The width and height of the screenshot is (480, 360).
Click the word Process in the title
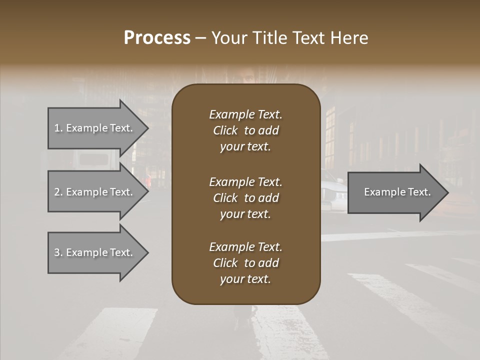(x=157, y=38)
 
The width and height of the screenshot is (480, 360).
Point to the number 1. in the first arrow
(x=58, y=128)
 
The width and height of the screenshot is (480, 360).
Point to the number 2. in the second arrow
(x=58, y=192)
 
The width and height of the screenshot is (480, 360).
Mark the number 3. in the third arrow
(x=58, y=252)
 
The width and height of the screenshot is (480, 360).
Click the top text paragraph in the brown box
(x=245, y=130)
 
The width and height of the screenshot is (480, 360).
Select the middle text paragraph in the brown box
(x=245, y=198)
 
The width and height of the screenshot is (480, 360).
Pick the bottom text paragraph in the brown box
(x=245, y=263)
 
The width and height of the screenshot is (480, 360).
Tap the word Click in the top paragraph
(x=225, y=131)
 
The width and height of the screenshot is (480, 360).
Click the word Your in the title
(x=228, y=38)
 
